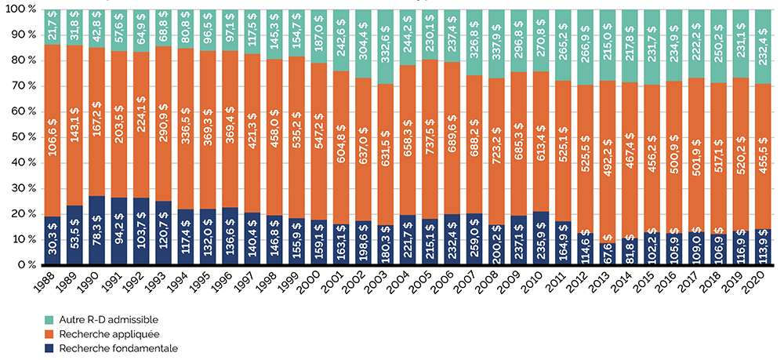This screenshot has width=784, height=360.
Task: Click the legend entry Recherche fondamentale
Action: pyautogui.click(x=111, y=348)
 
